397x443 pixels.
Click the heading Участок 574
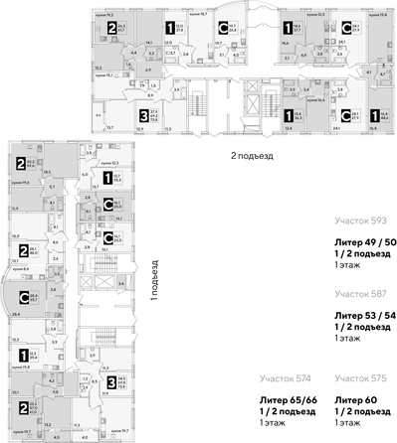point(281,377)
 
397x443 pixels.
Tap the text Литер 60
point(354,395)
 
